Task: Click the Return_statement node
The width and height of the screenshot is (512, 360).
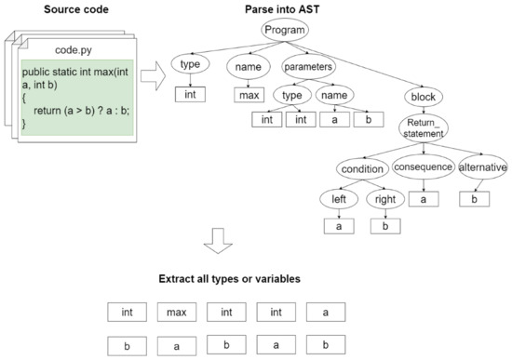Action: pyautogui.click(x=424, y=128)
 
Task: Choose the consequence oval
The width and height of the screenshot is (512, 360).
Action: pyautogui.click(x=423, y=167)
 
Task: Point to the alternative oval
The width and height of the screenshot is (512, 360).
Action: pyautogui.click(x=482, y=167)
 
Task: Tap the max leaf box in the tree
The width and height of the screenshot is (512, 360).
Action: pyautogui.click(x=247, y=94)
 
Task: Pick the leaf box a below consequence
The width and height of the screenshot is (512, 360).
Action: pyautogui.click(x=423, y=198)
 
